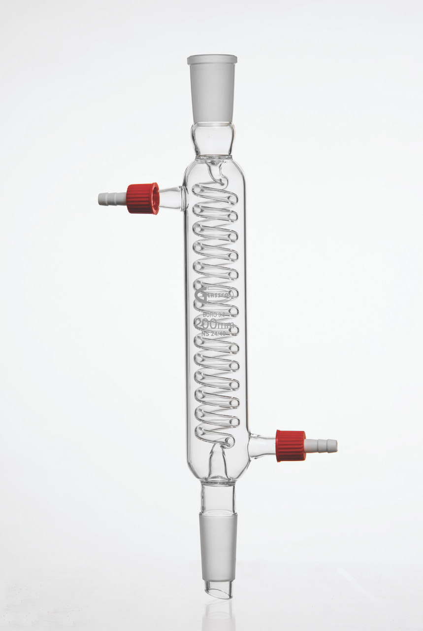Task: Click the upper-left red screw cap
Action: tap(143, 198)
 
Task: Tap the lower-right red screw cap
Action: tap(291, 446)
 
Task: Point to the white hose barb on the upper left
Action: tap(112, 199)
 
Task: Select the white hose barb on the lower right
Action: tap(321, 446)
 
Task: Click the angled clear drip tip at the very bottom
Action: tap(219, 589)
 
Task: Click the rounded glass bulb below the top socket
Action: tap(213, 139)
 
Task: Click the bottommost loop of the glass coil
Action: tap(215, 434)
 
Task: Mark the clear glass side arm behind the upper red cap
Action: tap(172, 198)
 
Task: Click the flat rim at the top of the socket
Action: tap(212, 59)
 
